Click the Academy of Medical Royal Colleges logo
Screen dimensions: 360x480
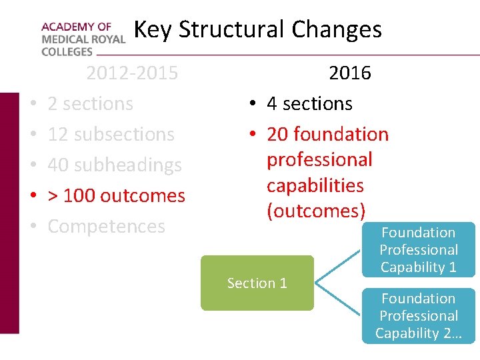[83, 39]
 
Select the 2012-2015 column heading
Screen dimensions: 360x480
[132, 73]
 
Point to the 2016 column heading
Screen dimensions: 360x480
[350, 73]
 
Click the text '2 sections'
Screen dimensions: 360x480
[90, 104]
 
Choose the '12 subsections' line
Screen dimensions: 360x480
[111, 134]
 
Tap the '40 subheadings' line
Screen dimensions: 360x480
[115, 165]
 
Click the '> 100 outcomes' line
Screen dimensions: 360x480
[116, 195]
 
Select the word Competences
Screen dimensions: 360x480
[106, 226]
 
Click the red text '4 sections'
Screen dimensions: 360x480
[309, 104]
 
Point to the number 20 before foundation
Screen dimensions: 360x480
[277, 134]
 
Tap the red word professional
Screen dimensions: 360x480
[319, 160]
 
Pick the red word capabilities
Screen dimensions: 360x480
[315, 185]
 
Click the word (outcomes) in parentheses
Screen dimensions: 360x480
[316, 211]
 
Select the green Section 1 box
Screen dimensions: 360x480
[257, 283]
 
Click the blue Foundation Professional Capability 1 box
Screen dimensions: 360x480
[418, 250]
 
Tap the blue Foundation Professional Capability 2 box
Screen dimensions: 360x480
[418, 316]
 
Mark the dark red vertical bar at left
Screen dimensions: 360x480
[9, 213]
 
